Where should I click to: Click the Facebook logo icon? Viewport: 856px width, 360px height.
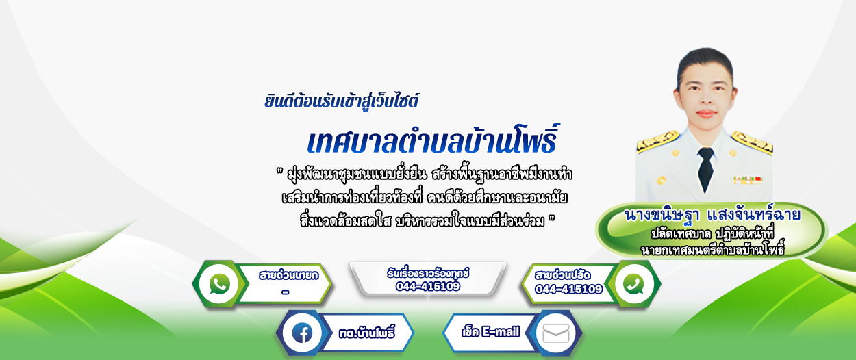pyautogui.click(x=302, y=333)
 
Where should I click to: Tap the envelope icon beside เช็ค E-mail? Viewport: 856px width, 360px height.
pyautogui.click(x=556, y=333)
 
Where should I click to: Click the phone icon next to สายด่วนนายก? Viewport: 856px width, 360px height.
pyautogui.click(x=220, y=283)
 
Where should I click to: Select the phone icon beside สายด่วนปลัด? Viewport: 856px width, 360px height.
pyautogui.click(x=633, y=284)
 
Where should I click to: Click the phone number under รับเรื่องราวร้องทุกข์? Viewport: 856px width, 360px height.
pyautogui.click(x=427, y=286)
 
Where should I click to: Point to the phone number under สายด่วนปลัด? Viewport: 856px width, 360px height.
pyautogui.click(x=568, y=290)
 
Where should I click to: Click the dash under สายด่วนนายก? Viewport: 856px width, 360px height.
pyautogui.click(x=285, y=292)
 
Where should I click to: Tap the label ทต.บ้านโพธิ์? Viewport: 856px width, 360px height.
pyautogui.click(x=367, y=333)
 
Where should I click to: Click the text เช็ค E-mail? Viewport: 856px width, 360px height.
pyautogui.click(x=491, y=332)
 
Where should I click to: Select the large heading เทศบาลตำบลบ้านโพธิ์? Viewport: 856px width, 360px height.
pyautogui.click(x=433, y=140)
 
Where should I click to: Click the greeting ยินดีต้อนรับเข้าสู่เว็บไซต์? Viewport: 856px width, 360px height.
pyautogui.click(x=341, y=101)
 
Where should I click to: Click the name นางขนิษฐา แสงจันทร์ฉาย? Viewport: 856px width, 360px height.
pyautogui.click(x=712, y=215)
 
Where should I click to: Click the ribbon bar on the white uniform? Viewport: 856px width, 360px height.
pyautogui.click(x=748, y=180)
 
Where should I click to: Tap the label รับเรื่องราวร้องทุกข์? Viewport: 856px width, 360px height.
pyautogui.click(x=428, y=273)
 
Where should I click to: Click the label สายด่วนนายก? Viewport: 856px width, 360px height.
pyautogui.click(x=288, y=275)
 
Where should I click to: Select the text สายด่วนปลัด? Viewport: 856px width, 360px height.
pyautogui.click(x=562, y=275)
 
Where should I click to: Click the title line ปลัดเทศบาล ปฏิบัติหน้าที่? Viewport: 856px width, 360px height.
pyautogui.click(x=713, y=233)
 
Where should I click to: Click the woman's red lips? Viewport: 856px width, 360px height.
pyautogui.click(x=706, y=113)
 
